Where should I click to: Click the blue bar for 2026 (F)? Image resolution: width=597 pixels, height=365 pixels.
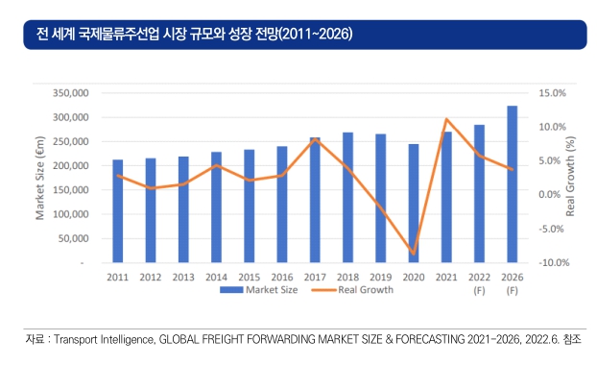point(513,184)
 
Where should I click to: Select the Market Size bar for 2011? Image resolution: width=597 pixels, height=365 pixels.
point(118,211)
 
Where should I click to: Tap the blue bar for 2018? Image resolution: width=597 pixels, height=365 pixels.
point(347,197)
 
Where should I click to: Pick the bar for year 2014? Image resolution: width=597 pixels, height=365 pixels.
point(216,207)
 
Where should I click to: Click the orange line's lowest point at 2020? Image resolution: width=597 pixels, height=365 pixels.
point(414,254)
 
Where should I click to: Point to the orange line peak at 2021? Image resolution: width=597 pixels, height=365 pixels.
point(446,119)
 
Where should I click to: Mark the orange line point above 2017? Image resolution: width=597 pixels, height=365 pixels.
point(315,139)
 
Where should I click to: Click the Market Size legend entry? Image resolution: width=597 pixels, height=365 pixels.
point(259,290)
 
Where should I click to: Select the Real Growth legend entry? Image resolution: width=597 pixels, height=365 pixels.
point(352,290)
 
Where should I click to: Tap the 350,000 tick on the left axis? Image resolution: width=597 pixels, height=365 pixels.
point(70,93)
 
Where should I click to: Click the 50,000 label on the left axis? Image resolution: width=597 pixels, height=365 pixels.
point(73,238)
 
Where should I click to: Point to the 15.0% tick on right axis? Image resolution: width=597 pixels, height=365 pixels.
point(552,93)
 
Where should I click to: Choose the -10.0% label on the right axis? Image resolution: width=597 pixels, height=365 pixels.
point(554,262)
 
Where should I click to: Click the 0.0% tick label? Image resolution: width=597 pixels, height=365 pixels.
point(549,195)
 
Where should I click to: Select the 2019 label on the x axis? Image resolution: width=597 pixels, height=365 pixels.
point(381,277)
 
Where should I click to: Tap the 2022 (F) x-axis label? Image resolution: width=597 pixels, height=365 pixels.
point(479,284)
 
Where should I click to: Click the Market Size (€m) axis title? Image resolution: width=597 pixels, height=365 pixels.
point(40,178)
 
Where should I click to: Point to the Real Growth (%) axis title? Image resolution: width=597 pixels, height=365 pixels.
point(570,176)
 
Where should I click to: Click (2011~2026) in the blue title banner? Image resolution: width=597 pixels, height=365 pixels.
point(316,34)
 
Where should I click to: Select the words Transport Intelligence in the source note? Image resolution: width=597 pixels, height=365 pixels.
point(104,339)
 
